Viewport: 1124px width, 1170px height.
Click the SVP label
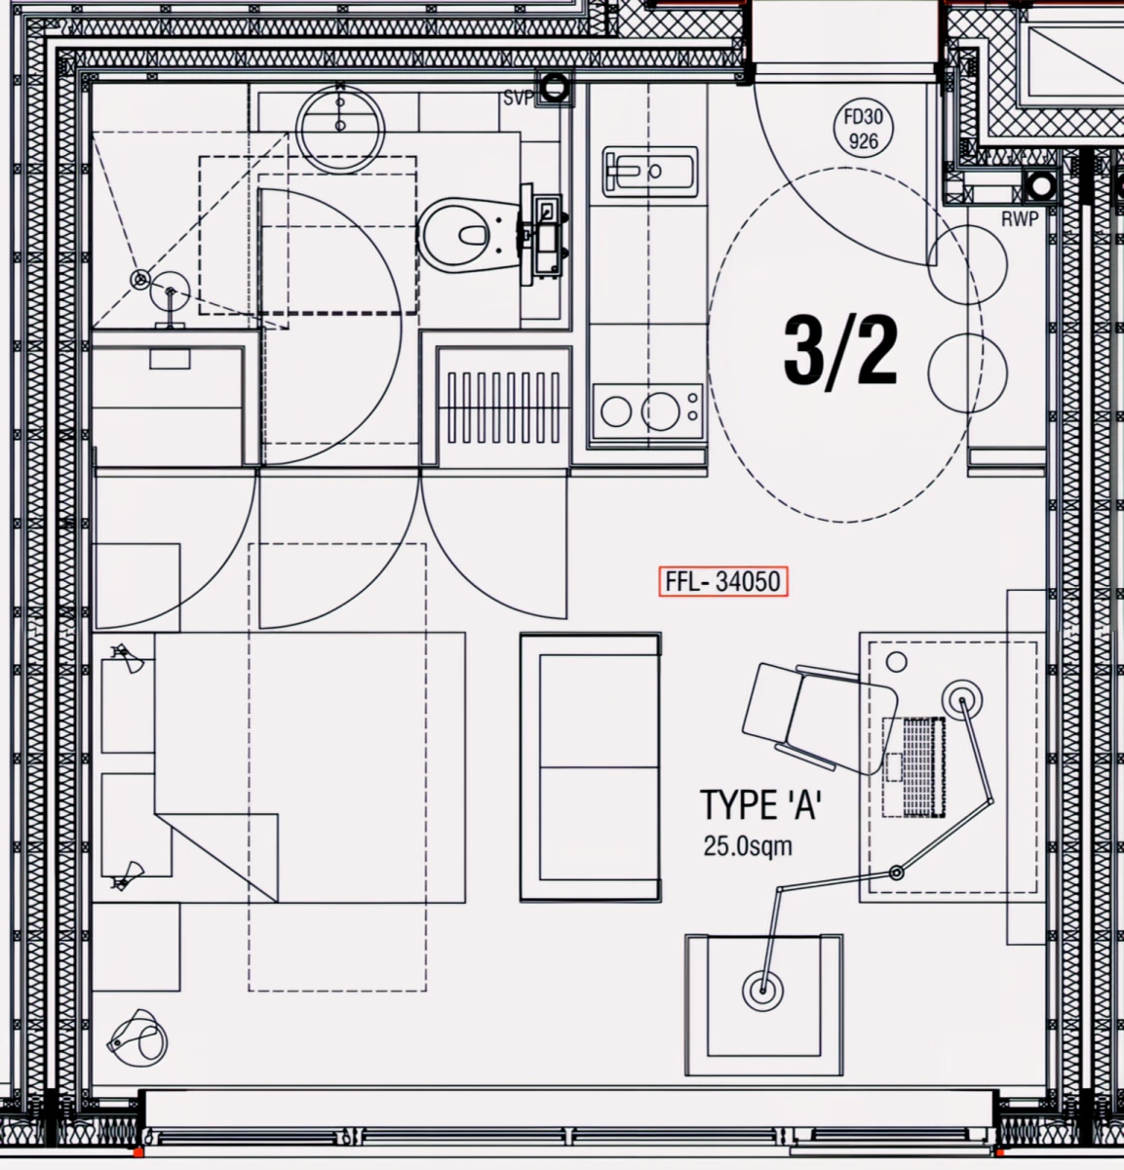[518, 97]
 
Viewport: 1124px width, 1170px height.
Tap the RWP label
[1020, 219]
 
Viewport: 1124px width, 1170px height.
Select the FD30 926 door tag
[863, 129]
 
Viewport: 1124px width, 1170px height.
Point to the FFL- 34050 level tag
[723, 581]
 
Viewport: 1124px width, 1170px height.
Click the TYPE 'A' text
[760, 804]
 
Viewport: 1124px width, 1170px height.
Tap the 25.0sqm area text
[748, 846]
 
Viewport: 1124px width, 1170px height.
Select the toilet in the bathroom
[469, 233]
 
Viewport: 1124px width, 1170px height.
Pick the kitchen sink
[650, 172]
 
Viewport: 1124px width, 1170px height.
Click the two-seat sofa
[591, 767]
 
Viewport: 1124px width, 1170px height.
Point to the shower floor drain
[140, 279]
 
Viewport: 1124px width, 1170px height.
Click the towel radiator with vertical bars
[504, 408]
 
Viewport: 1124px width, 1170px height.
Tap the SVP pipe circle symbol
[554, 89]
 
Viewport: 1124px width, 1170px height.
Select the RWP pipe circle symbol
[1041, 186]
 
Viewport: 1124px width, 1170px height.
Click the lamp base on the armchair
[762, 991]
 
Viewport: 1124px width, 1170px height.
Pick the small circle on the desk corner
[896, 663]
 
